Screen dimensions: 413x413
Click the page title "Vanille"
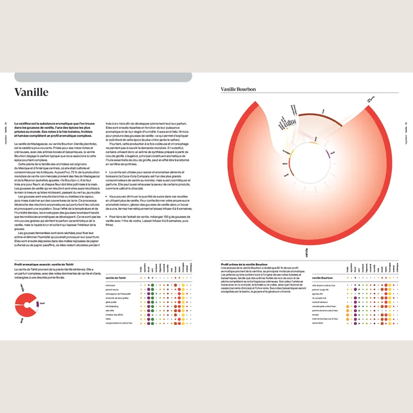point(31,92)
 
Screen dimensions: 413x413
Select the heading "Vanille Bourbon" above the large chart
point(238,89)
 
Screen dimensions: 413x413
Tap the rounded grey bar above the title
point(103,77)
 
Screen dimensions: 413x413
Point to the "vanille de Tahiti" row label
point(116,278)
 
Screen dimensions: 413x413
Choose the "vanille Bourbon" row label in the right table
point(322,278)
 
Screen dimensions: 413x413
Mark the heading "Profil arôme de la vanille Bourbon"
point(244,265)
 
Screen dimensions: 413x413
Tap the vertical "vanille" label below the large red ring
point(307,253)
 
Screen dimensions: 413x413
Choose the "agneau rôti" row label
point(318,295)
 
